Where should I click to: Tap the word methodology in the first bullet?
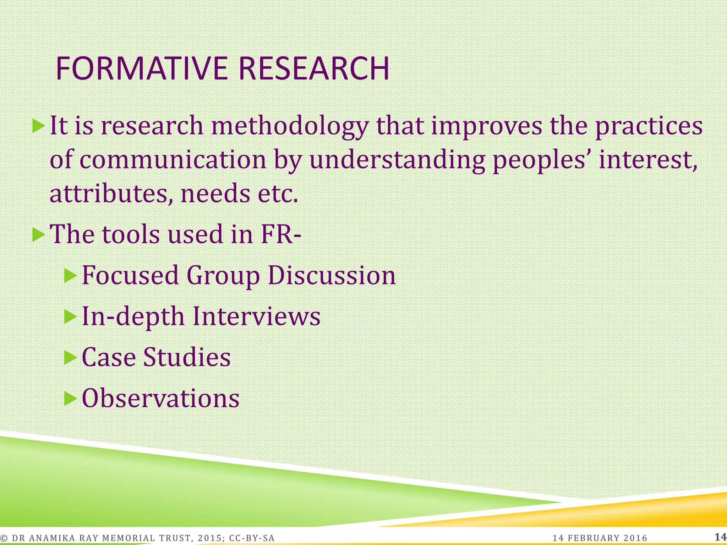289,126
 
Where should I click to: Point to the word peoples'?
541,160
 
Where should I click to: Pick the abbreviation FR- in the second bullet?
281,235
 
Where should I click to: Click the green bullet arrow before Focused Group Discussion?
70,276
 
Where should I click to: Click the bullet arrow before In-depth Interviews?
70,316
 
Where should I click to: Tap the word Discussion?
332,276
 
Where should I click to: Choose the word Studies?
187,357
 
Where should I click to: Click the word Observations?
160,398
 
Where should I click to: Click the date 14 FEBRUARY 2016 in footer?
600,538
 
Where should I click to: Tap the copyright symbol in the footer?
4,538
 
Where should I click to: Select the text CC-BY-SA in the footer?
252,538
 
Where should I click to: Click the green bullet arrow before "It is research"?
38,126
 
